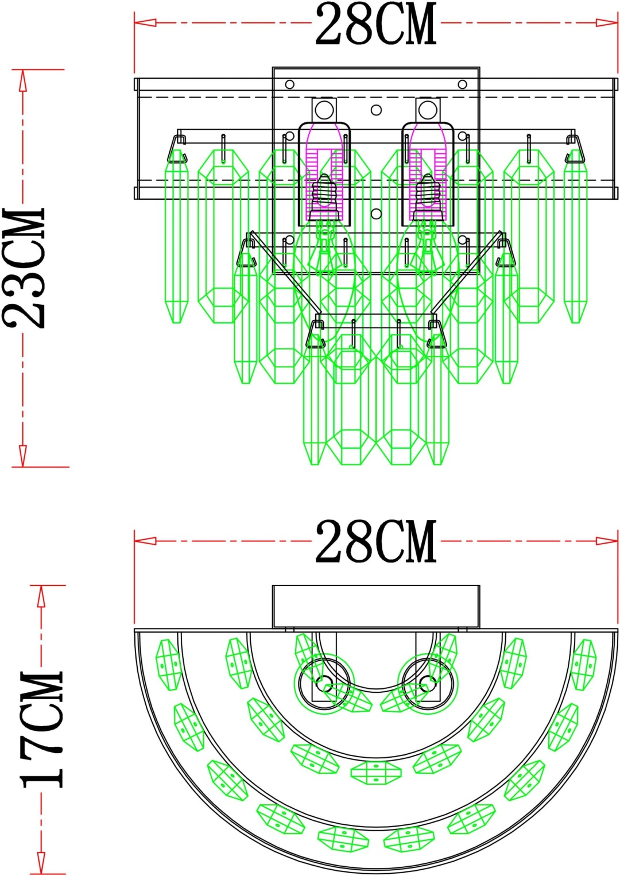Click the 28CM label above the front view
click(x=375, y=24)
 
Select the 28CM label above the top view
click(x=375, y=542)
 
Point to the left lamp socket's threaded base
click(x=324, y=197)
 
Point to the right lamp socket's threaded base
click(x=428, y=197)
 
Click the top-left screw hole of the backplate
click(x=290, y=84)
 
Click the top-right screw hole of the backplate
click(x=462, y=84)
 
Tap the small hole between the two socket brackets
click(x=376, y=110)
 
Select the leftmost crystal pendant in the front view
click(x=177, y=236)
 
